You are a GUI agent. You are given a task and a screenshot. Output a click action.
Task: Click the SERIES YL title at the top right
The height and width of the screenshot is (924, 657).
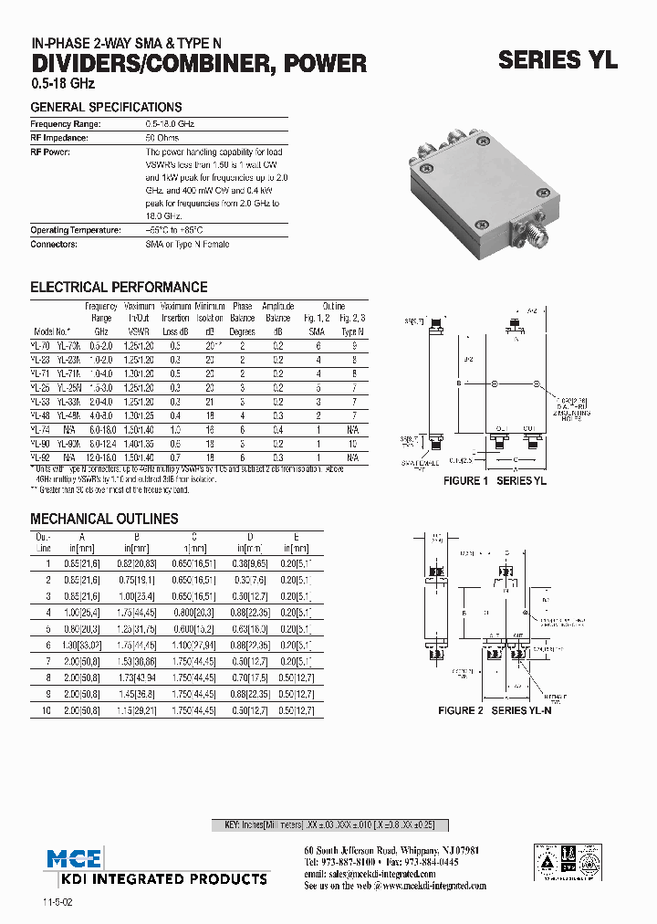[558, 60]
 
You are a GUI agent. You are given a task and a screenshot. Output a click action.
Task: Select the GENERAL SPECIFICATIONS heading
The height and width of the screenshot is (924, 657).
[106, 107]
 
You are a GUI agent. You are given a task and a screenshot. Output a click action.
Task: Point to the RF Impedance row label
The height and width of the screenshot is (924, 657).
[59, 138]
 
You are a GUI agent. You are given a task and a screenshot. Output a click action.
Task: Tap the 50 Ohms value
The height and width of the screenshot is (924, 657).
[162, 138]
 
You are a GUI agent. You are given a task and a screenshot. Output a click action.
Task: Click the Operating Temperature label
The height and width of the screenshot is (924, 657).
[76, 230]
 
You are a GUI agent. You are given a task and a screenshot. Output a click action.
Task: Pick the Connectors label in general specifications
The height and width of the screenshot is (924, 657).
[54, 244]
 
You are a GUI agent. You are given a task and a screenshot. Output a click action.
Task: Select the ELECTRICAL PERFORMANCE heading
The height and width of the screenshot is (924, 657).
[119, 287]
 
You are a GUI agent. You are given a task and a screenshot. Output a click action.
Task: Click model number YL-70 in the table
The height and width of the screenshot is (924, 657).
[40, 347]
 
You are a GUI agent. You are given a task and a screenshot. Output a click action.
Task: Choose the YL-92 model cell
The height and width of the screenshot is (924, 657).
[40, 457]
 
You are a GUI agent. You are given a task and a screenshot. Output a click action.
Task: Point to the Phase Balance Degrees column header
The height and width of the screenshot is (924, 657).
[242, 319]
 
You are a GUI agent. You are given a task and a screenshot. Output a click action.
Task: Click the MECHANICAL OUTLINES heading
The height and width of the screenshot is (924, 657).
[104, 519]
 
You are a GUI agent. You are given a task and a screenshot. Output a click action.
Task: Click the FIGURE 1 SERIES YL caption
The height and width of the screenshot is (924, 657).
[495, 480]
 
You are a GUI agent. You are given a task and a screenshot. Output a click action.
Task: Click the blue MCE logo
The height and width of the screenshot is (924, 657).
[76, 857]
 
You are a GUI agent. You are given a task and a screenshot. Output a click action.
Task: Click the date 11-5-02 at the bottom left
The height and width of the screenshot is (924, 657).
[56, 902]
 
